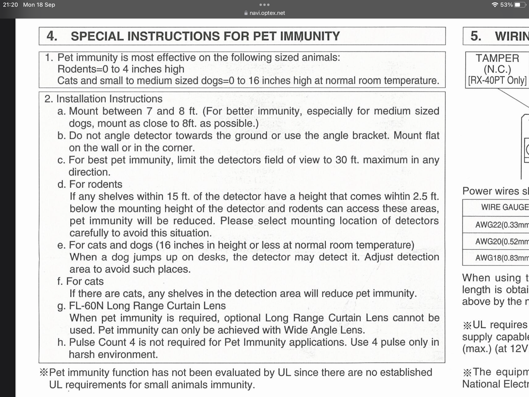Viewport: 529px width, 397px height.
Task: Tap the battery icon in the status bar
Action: [x=520, y=5]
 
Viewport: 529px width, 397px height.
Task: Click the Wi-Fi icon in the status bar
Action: [x=495, y=5]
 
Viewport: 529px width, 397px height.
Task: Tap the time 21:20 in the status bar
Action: [x=10, y=5]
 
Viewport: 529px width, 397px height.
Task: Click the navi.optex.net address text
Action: [x=267, y=13]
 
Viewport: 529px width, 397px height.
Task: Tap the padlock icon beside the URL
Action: [x=246, y=13]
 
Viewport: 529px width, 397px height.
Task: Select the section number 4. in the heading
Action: [x=52, y=36]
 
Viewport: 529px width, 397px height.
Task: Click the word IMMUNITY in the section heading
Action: [x=310, y=36]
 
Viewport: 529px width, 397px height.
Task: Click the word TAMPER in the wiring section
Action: [x=497, y=58]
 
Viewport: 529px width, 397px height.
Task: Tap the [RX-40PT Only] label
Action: [x=497, y=80]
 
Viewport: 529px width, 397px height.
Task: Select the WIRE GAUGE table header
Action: [x=505, y=207]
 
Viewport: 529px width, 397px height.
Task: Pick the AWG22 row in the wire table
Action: [x=502, y=225]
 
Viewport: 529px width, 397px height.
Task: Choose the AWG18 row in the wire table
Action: [x=502, y=258]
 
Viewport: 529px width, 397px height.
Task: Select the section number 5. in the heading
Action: [x=476, y=36]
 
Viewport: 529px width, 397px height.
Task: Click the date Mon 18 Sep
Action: [x=39, y=5]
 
